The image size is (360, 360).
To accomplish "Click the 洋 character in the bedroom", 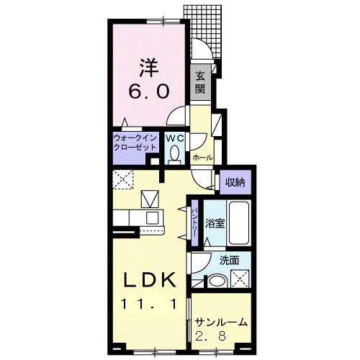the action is coord(149,68).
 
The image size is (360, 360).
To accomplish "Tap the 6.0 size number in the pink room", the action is coord(149,91).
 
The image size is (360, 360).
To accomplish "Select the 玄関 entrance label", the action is coord(200,83).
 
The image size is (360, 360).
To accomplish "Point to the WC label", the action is coord(174,138).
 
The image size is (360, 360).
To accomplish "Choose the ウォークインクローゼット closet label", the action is coord(135,143).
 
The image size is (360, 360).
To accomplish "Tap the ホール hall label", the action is coord(202,158).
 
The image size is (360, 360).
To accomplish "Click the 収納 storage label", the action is coord(235,182).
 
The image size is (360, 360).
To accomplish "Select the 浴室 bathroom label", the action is coord(215,223).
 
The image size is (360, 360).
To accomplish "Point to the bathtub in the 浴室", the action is coord(239,223).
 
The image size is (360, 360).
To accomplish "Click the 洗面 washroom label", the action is coord(230,261).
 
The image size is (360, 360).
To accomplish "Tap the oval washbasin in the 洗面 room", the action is coord(217,282).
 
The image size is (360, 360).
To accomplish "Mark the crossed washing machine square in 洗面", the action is coord(240,279).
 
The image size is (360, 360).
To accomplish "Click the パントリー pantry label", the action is coord(194,223).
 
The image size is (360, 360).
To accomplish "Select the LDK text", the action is coord(149,280).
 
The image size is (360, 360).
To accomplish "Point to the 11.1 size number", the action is coord(149,305).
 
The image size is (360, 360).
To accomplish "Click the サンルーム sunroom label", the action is coord(221,323).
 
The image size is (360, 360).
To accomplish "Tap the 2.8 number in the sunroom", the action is coord(210,336).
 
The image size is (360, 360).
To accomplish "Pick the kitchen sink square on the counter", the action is coord(153,218).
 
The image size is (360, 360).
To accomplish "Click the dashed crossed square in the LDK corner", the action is coord(122,179).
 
